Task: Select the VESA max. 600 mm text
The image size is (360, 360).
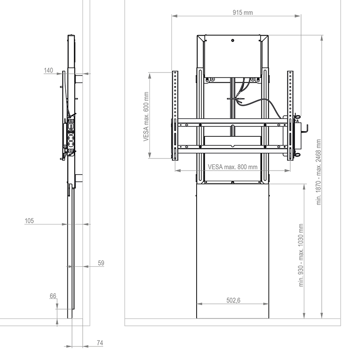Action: click(146, 117)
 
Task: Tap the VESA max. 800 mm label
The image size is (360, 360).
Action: click(233, 166)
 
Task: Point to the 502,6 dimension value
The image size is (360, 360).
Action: click(233, 300)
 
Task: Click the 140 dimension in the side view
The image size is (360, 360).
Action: click(49, 70)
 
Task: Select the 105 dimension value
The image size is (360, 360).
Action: click(30, 220)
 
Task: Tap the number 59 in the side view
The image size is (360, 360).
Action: click(101, 263)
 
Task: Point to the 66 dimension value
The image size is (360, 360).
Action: click(53, 296)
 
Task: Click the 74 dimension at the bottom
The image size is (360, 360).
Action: click(100, 343)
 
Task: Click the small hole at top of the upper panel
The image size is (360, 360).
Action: click(233, 40)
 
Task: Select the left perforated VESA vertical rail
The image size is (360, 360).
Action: click(175, 115)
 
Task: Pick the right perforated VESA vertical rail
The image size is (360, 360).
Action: click(290, 115)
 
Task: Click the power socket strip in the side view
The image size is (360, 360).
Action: click(70, 135)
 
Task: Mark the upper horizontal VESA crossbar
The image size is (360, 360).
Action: click(233, 124)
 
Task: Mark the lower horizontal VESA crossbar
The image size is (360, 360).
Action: click(233, 147)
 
